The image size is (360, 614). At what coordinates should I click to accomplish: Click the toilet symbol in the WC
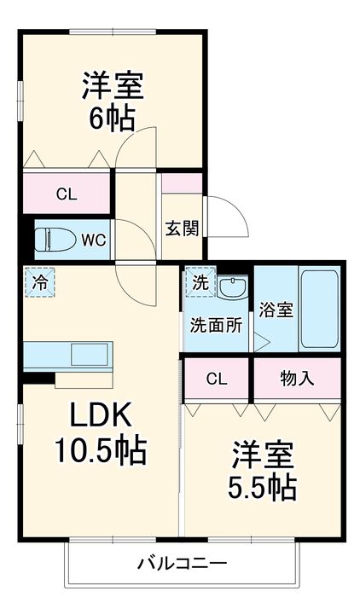55,240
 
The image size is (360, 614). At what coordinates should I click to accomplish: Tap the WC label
93,240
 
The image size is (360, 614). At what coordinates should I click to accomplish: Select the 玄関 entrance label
183,229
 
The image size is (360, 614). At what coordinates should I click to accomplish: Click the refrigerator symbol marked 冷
40,282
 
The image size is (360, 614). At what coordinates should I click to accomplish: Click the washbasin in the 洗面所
233,288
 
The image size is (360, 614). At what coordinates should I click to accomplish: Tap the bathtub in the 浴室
319,309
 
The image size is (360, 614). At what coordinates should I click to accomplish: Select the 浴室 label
276,310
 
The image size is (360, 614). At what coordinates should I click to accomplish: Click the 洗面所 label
216,325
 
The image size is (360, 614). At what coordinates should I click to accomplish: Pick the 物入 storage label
298,379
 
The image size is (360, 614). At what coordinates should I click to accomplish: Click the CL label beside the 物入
217,379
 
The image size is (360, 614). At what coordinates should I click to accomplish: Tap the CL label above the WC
67,194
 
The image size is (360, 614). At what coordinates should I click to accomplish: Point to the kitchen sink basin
90,355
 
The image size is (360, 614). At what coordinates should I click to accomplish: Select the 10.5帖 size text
101,450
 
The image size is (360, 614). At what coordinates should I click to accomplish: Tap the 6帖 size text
112,118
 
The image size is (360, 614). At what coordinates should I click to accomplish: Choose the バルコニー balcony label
183,565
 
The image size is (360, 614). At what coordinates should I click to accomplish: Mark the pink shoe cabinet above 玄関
182,182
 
